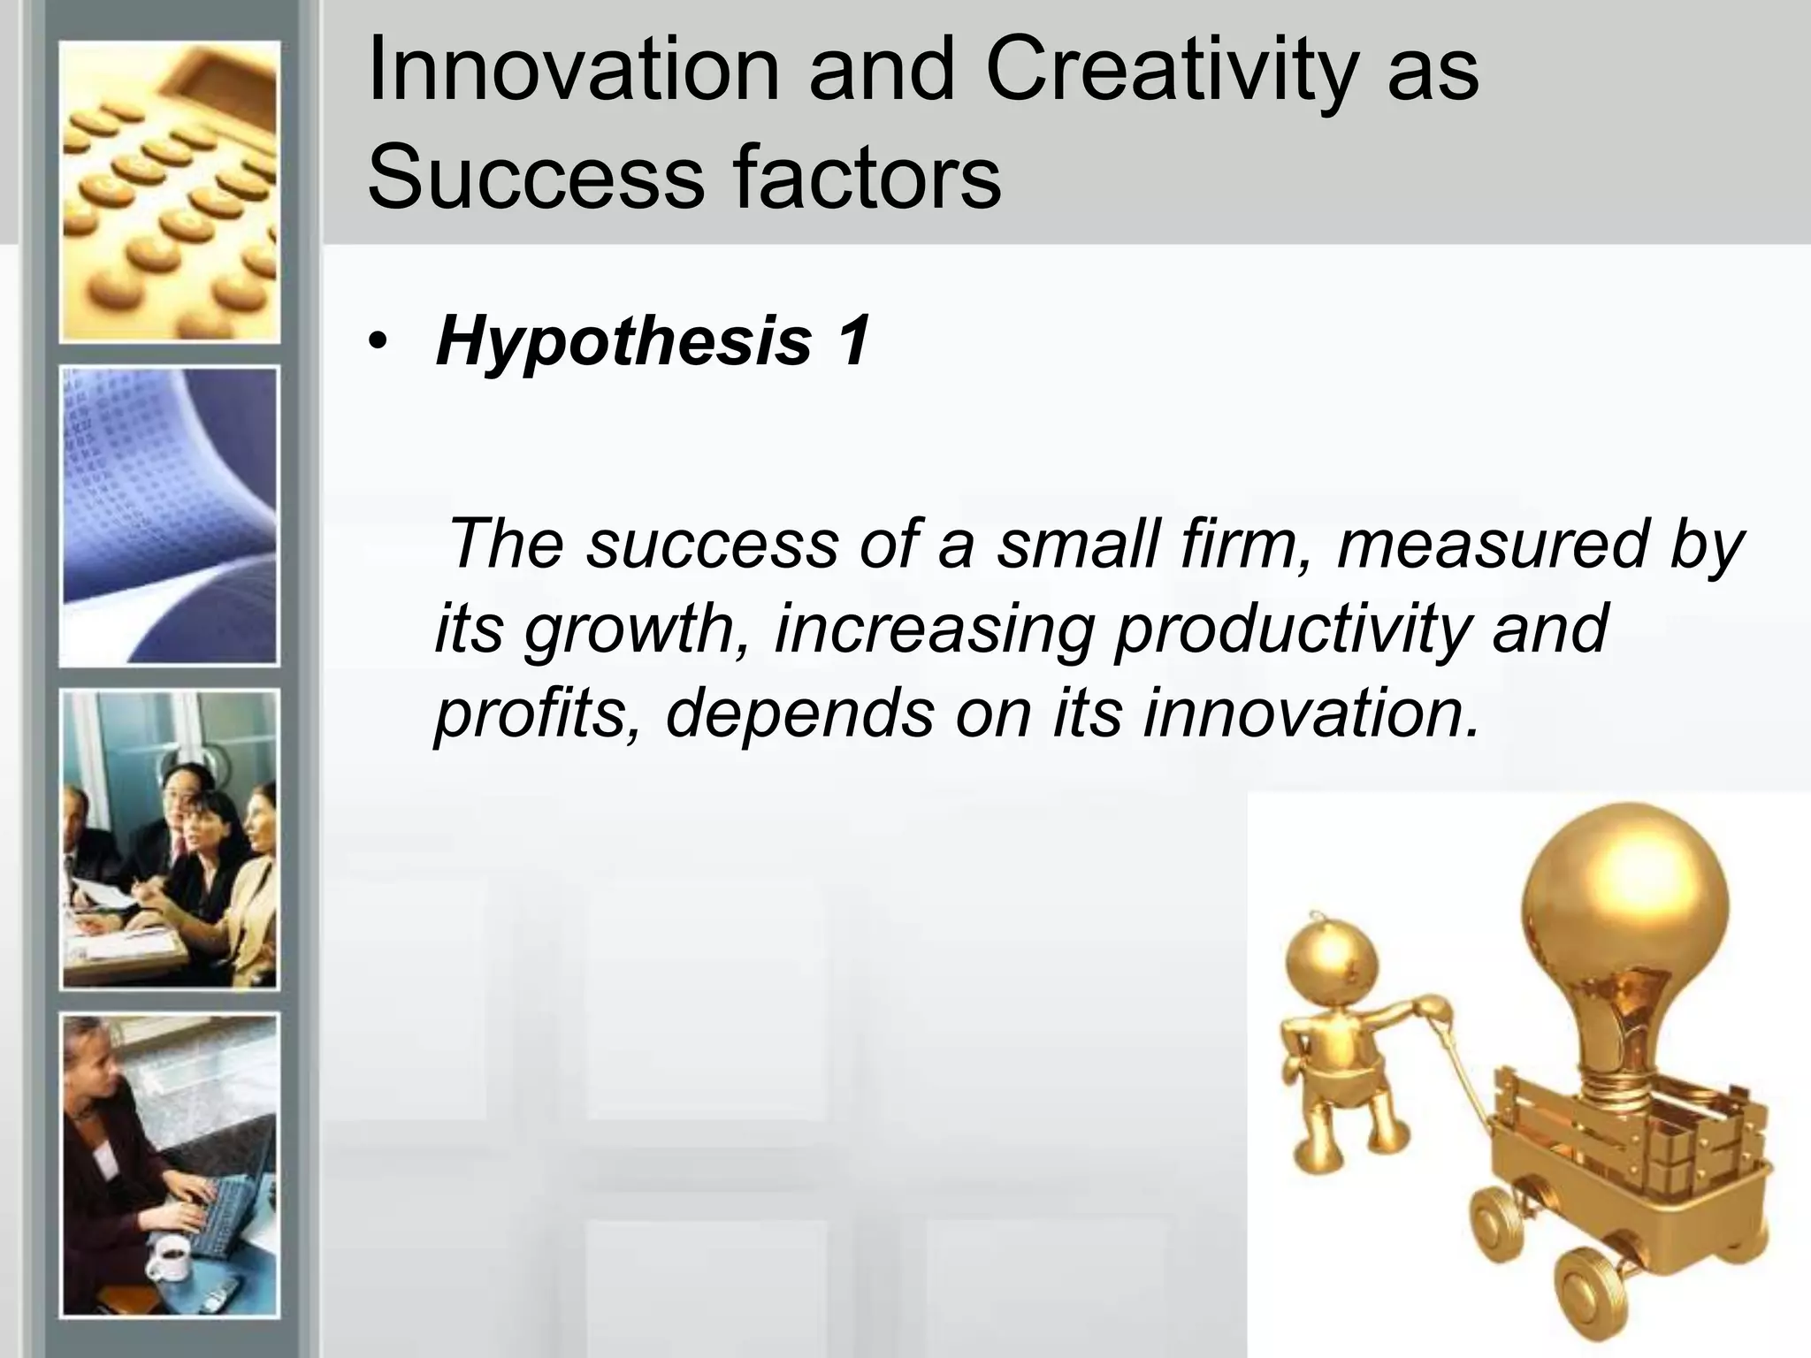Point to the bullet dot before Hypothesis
click(x=378, y=344)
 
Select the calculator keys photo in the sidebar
click(x=169, y=193)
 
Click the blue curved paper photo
click(x=169, y=516)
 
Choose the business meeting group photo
click(x=169, y=840)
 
